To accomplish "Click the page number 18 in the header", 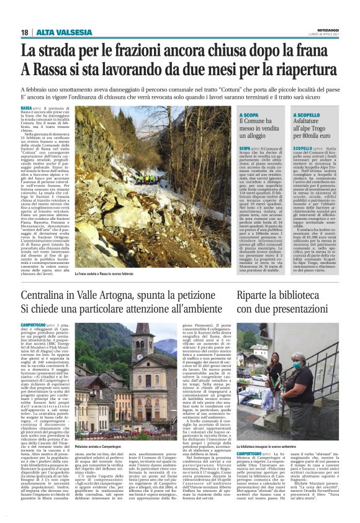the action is (x=25, y=32).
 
